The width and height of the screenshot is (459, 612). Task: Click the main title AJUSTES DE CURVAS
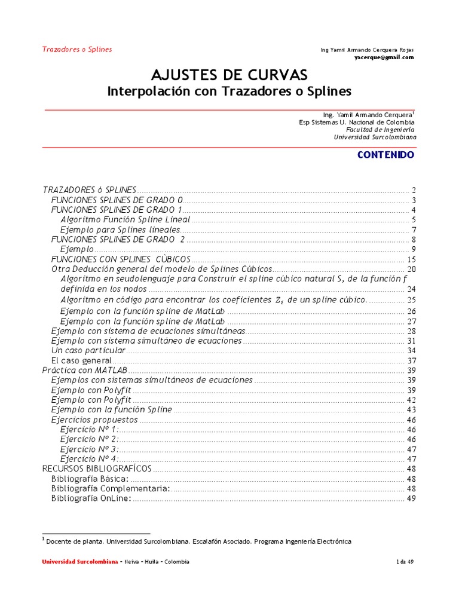click(x=229, y=75)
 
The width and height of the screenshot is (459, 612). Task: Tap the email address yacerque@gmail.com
click(x=384, y=57)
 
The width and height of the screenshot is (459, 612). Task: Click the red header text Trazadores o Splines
click(x=76, y=49)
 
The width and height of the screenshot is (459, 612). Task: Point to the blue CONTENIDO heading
click(x=385, y=154)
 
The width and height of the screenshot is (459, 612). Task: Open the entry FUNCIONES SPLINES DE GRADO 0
click(x=117, y=200)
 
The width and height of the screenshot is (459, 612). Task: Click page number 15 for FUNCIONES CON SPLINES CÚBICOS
click(x=411, y=259)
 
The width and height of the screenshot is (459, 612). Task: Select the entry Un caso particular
click(x=88, y=350)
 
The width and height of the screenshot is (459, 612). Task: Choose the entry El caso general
click(x=81, y=360)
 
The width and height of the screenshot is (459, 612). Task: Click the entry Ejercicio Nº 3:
click(x=90, y=449)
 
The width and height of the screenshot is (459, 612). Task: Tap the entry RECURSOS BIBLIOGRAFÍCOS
click(x=97, y=469)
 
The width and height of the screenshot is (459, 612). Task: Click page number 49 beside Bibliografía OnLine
click(x=411, y=498)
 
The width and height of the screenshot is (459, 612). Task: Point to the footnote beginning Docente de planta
click(x=197, y=541)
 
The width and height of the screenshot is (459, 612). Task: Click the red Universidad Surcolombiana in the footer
click(x=79, y=562)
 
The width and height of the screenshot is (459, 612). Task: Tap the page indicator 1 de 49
click(x=405, y=562)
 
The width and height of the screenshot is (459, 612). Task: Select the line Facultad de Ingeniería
click(x=380, y=129)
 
